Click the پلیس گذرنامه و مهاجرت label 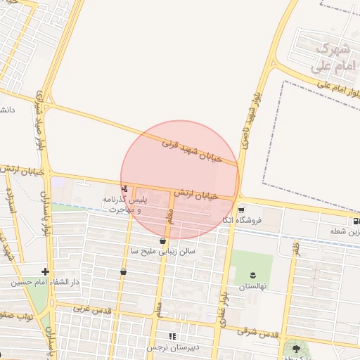[x=124, y=205]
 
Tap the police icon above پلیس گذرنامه [x=124, y=188]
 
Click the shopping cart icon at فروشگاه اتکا [x=241, y=210]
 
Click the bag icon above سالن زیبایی [x=163, y=240]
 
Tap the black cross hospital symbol [x=45, y=271]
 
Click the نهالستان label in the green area [x=252, y=286]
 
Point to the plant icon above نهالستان [x=252, y=275]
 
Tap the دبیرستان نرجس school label [x=173, y=347]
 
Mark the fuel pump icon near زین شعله [x=356, y=221]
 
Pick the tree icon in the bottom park [x=295, y=347]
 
